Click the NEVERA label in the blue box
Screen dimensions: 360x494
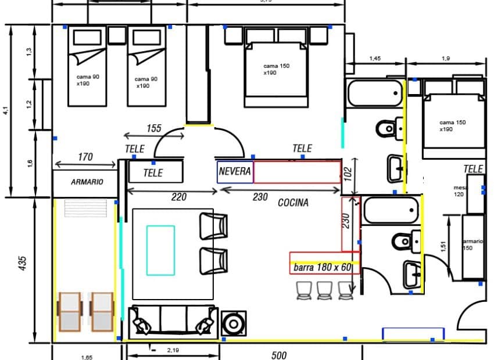(235, 172)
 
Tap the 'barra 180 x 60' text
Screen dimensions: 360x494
(323, 268)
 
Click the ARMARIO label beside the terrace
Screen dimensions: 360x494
(87, 182)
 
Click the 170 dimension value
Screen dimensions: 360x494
(85, 156)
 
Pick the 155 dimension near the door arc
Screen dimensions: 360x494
(153, 128)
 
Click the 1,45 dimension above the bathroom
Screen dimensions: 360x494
(375, 59)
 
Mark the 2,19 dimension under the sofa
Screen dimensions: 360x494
(173, 350)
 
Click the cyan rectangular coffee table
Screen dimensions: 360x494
(160, 250)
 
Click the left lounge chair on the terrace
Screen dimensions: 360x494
(69, 311)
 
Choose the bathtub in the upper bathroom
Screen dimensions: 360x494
(374, 93)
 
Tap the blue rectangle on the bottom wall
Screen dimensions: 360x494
(413, 333)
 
